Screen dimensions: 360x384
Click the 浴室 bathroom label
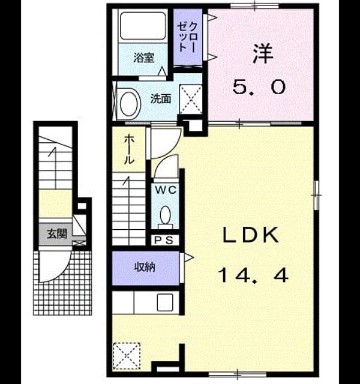144,58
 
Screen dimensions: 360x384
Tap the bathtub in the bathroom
143,26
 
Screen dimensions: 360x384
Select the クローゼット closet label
188,37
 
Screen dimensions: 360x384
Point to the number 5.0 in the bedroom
259,87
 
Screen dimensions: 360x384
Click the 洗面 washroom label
161,98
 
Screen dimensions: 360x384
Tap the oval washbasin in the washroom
129,104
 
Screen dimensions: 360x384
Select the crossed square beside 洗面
191,99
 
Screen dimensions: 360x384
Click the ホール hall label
130,149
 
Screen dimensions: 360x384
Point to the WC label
166,190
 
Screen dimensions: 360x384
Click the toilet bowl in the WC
166,215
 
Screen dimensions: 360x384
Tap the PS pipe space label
164,240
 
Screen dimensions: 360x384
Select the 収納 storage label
145,267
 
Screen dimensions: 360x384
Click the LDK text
251,235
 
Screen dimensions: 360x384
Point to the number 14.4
253,275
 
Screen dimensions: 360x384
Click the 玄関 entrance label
57,234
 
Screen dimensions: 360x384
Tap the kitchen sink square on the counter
165,302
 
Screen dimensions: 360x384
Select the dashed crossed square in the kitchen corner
127,356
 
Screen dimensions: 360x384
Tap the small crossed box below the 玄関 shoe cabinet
80,244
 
